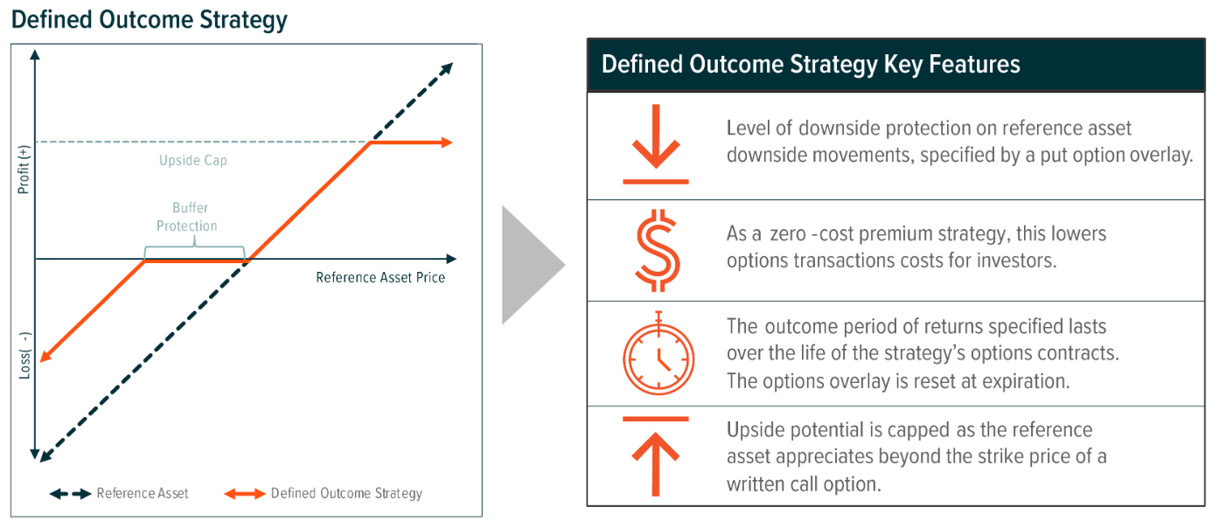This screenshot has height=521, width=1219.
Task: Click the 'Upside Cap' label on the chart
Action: pos(192,161)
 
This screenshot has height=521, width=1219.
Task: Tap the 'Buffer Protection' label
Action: pos(187,218)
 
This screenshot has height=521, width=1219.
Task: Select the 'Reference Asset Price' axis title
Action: pos(380,277)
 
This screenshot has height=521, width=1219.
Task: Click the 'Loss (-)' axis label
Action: pos(24,354)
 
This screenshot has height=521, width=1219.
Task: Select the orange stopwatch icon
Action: pos(658,354)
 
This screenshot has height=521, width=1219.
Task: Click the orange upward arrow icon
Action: pos(656,455)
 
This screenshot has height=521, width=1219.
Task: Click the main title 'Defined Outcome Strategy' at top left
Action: pos(150,19)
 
